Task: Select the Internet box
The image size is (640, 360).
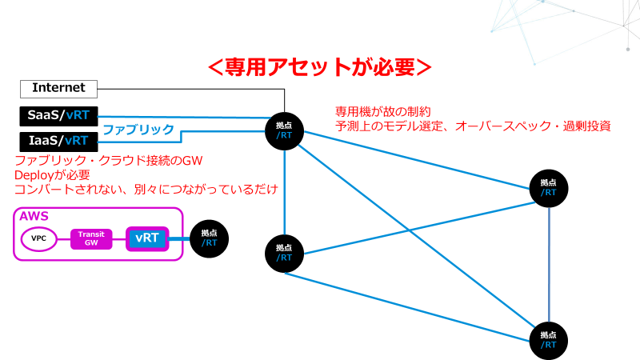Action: tap(58, 88)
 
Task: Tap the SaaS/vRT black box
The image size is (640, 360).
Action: tap(58, 117)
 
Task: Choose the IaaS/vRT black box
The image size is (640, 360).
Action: tap(58, 141)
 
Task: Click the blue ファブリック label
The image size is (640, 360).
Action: tap(138, 129)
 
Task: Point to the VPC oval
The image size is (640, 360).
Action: tap(38, 238)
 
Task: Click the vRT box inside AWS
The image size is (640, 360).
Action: tap(147, 238)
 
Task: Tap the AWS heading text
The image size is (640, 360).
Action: tap(34, 217)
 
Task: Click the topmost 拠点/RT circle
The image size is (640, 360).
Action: tap(284, 129)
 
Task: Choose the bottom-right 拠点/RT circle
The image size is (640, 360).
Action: tap(548, 339)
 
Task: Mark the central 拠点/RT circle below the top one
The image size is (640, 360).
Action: tap(284, 253)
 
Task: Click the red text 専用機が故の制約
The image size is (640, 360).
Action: tap(383, 110)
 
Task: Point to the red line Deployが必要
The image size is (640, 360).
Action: tap(52, 175)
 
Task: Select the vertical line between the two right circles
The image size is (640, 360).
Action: tap(548, 264)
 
